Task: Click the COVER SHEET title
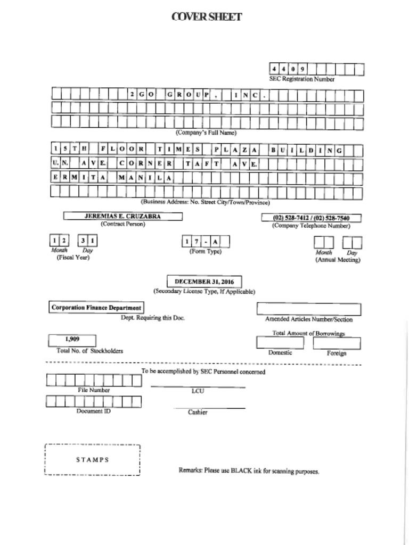pyautogui.click(x=207, y=17)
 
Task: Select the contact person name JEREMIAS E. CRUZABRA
pyautogui.click(x=122, y=217)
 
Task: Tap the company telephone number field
pyautogui.click(x=311, y=218)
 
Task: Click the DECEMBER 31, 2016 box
pyautogui.click(x=204, y=282)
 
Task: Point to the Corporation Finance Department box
pyautogui.click(x=96, y=308)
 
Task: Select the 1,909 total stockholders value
pyautogui.click(x=72, y=340)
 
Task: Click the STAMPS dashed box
pyautogui.click(x=92, y=460)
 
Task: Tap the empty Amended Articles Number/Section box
pyautogui.click(x=308, y=309)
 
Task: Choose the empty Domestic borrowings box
pyautogui.click(x=280, y=343)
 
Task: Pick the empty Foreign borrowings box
pyautogui.click(x=337, y=343)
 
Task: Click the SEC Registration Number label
pyautogui.click(x=301, y=79)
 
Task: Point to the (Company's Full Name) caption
pyautogui.click(x=206, y=133)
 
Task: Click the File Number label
pyautogui.click(x=94, y=390)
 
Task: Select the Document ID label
pyautogui.click(x=93, y=411)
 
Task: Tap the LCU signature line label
pyautogui.click(x=198, y=391)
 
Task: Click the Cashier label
pyautogui.click(x=198, y=412)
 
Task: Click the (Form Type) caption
pyautogui.click(x=206, y=251)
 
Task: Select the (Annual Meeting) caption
pyautogui.click(x=338, y=260)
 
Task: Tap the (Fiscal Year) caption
pyautogui.click(x=73, y=258)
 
